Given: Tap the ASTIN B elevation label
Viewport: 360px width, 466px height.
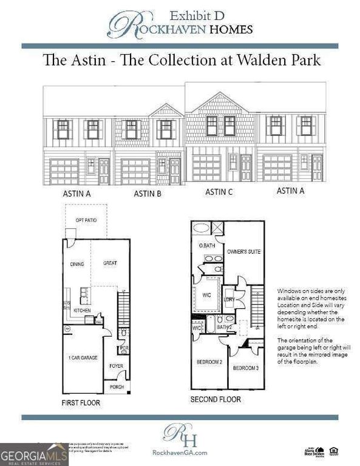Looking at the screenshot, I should click(147, 194).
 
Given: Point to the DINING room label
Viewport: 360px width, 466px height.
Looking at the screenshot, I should click(77, 264).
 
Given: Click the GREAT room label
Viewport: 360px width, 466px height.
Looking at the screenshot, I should click(110, 263).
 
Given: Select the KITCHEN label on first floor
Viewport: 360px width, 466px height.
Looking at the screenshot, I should click(81, 309).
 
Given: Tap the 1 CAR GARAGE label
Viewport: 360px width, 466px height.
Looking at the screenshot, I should click(81, 357).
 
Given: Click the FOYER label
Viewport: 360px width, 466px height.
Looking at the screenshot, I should click(117, 366).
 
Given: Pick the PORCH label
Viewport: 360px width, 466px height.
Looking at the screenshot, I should click(117, 386).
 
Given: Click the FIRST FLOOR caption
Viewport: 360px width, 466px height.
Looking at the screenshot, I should click(81, 402).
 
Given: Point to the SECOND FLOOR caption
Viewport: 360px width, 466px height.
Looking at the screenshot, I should click(216, 399).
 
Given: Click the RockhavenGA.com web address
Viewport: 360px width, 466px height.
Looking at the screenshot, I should click(180, 452).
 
